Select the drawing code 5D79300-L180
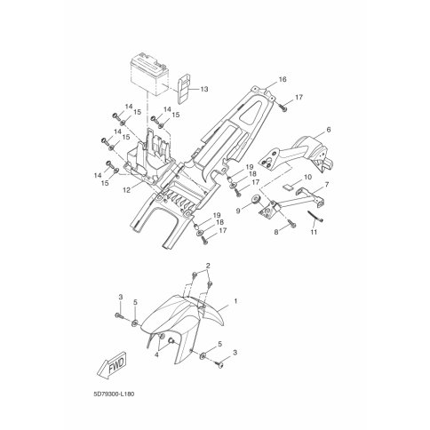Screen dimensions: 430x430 point(113,394)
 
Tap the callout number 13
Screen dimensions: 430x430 point(204,89)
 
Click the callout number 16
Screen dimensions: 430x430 point(283,79)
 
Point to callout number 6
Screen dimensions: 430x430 point(329,130)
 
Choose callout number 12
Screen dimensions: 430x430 point(127,191)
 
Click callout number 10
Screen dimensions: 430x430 point(307,177)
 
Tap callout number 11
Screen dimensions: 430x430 point(314,232)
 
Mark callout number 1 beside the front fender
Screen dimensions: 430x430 point(235,301)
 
